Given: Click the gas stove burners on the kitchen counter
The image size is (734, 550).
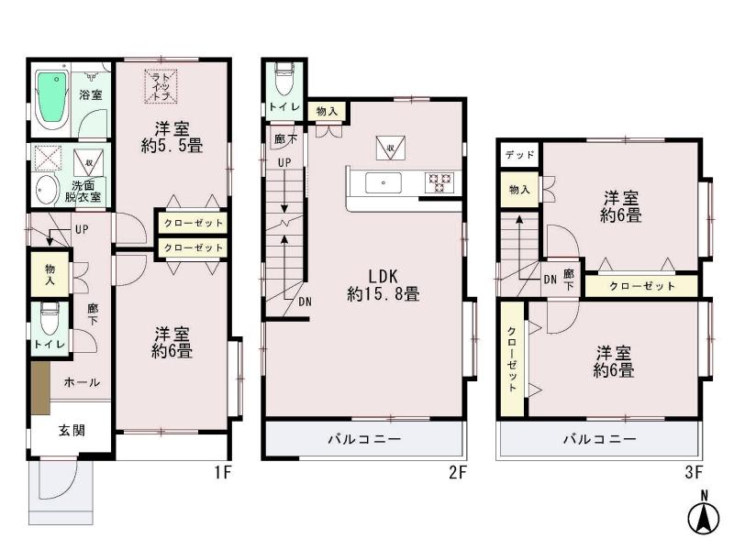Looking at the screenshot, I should [x=438, y=183].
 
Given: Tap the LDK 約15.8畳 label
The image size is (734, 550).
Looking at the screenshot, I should [x=383, y=285].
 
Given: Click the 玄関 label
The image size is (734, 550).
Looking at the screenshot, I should [x=73, y=429].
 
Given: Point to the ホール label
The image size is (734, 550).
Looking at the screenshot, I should [x=83, y=382].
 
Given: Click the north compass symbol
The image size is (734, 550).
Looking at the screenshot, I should [x=704, y=516].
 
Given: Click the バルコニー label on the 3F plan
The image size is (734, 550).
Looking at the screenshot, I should [x=599, y=439].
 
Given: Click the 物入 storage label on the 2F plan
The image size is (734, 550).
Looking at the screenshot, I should [x=326, y=111].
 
